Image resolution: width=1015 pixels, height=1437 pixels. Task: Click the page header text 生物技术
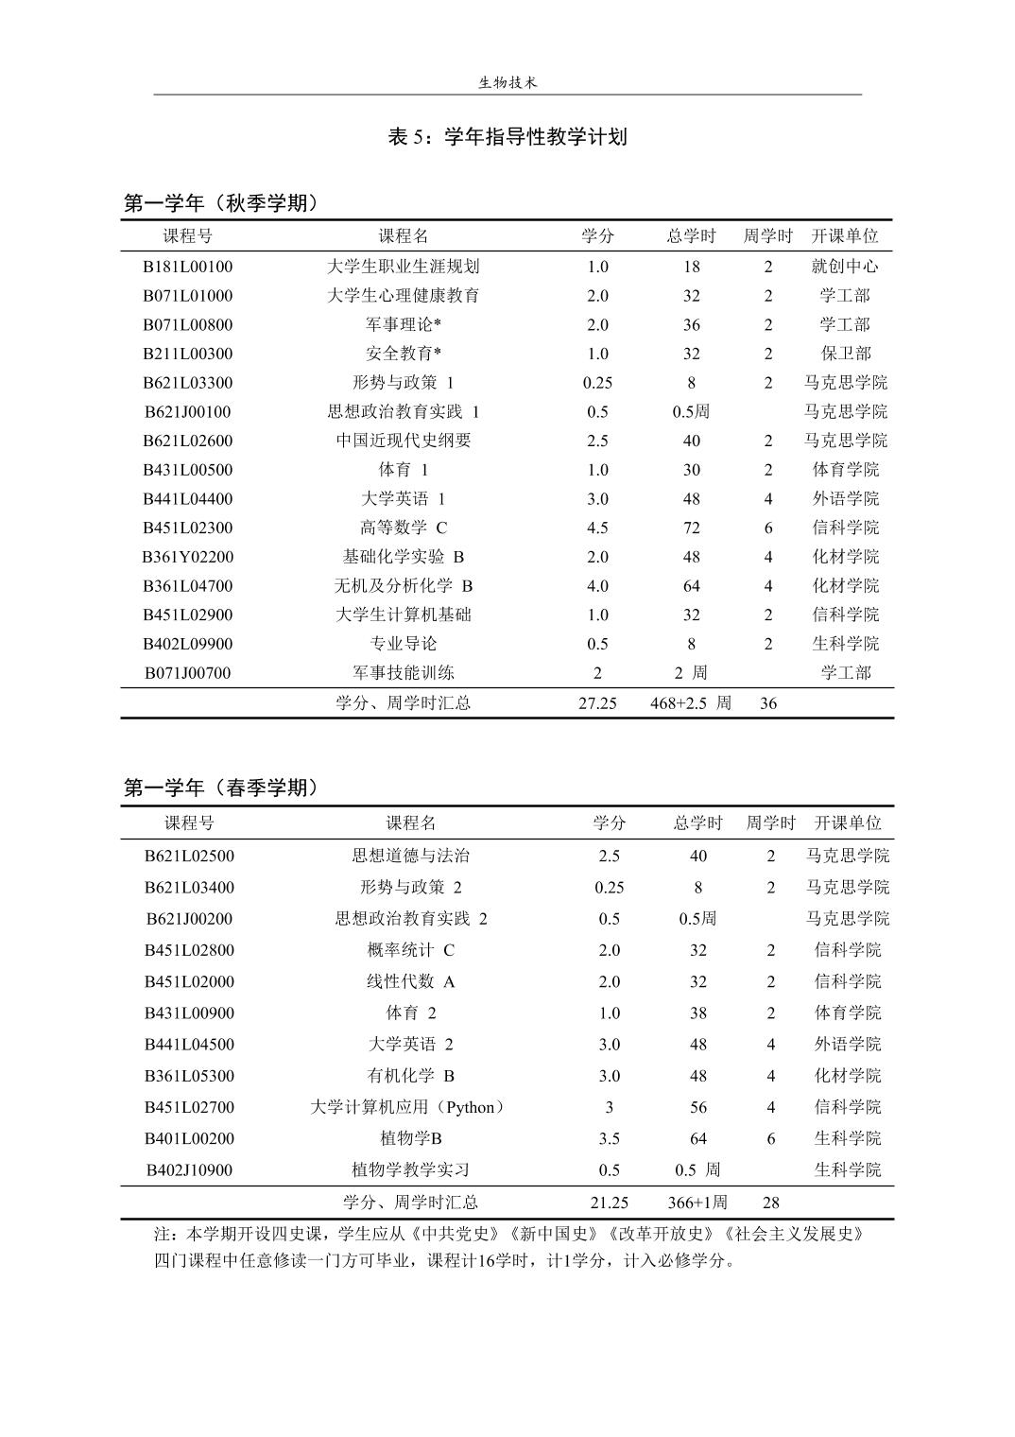click(507, 83)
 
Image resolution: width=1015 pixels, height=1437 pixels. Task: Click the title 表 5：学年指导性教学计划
click(507, 137)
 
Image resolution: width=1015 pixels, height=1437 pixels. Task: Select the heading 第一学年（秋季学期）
click(221, 203)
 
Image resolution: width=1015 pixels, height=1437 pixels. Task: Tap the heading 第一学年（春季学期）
click(221, 788)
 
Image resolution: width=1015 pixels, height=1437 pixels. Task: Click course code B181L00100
click(187, 267)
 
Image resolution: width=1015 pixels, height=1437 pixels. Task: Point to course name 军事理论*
click(404, 325)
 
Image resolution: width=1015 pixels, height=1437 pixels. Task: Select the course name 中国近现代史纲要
click(404, 441)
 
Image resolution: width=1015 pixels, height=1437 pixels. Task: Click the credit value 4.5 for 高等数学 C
click(597, 528)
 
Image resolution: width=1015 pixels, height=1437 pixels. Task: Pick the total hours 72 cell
click(692, 528)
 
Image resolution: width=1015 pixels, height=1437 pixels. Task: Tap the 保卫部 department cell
click(845, 354)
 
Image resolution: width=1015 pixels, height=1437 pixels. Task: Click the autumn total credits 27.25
click(597, 703)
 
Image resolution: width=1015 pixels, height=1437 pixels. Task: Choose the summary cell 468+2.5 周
click(691, 703)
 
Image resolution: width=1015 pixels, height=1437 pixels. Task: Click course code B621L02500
click(189, 857)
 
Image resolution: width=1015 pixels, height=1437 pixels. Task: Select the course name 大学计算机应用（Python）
click(408, 1107)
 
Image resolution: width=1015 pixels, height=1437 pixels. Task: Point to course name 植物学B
click(411, 1138)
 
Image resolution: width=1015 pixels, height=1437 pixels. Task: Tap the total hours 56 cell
click(698, 1107)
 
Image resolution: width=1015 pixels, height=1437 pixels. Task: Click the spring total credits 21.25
click(610, 1203)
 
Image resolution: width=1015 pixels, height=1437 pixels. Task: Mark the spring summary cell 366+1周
click(697, 1203)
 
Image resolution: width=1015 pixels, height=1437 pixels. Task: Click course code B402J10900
click(189, 1170)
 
